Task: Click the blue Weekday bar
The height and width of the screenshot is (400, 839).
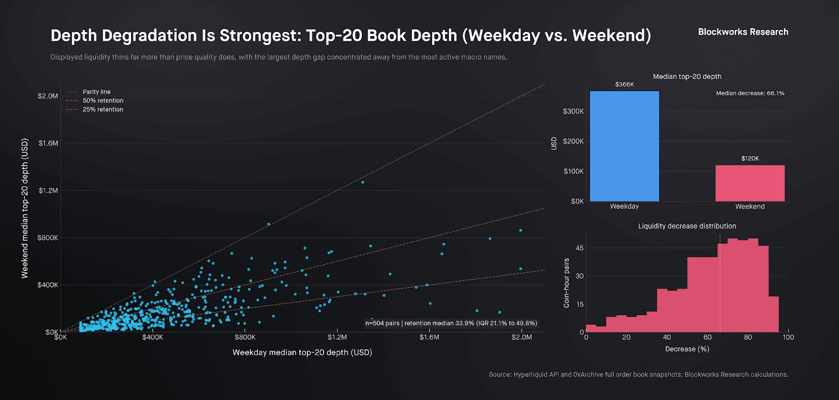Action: (x=624, y=146)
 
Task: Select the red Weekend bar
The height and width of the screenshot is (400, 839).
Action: (x=750, y=183)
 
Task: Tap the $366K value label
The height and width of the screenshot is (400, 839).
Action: (x=625, y=84)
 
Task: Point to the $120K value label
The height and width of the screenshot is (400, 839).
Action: (x=750, y=159)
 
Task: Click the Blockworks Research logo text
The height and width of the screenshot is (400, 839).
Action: (x=743, y=32)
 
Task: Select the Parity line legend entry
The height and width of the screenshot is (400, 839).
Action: (x=96, y=92)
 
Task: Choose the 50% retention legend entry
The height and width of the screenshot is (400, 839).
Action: (x=103, y=101)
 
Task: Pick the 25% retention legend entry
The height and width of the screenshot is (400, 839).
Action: (x=103, y=109)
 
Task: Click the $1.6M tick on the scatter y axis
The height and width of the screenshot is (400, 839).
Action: (x=48, y=143)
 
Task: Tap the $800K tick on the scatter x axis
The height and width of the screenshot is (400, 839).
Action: (x=245, y=337)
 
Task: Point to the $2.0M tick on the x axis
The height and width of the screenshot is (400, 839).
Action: (x=522, y=337)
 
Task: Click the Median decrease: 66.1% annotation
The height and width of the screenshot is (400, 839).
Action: (x=750, y=93)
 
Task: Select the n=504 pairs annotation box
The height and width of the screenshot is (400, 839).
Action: (x=451, y=323)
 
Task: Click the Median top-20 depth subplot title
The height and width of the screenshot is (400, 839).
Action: (x=687, y=76)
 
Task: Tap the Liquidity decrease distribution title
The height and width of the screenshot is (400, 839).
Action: (x=687, y=226)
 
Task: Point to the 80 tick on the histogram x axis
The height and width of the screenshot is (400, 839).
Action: (x=748, y=337)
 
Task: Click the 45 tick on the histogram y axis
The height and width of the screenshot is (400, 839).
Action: (x=579, y=248)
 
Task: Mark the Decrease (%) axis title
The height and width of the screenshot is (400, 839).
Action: (x=687, y=349)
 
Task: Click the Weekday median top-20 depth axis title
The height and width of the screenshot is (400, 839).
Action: (x=302, y=352)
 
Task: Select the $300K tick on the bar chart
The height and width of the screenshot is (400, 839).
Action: (x=573, y=112)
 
